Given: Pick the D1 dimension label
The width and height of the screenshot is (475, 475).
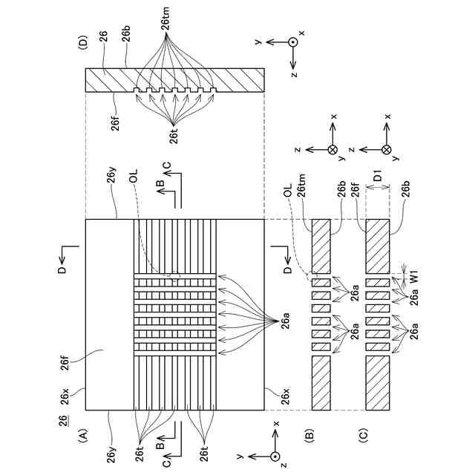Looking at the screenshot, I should (x=379, y=178).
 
